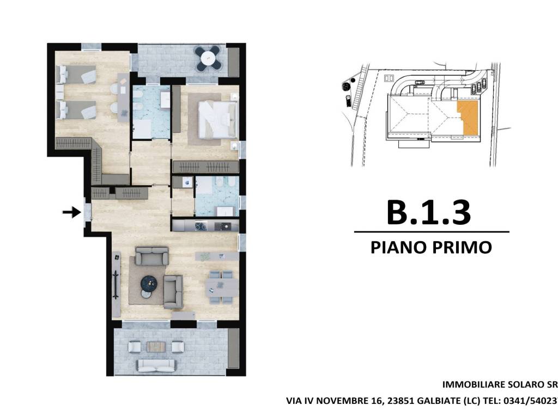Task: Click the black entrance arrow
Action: coord(71,213)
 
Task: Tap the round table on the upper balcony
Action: coord(209,57)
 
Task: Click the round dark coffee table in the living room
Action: coord(149,282)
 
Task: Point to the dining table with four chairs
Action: coord(221,286)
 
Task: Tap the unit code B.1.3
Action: coord(428,213)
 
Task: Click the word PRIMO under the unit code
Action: coord(463,248)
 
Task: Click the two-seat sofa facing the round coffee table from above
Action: coord(152,256)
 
